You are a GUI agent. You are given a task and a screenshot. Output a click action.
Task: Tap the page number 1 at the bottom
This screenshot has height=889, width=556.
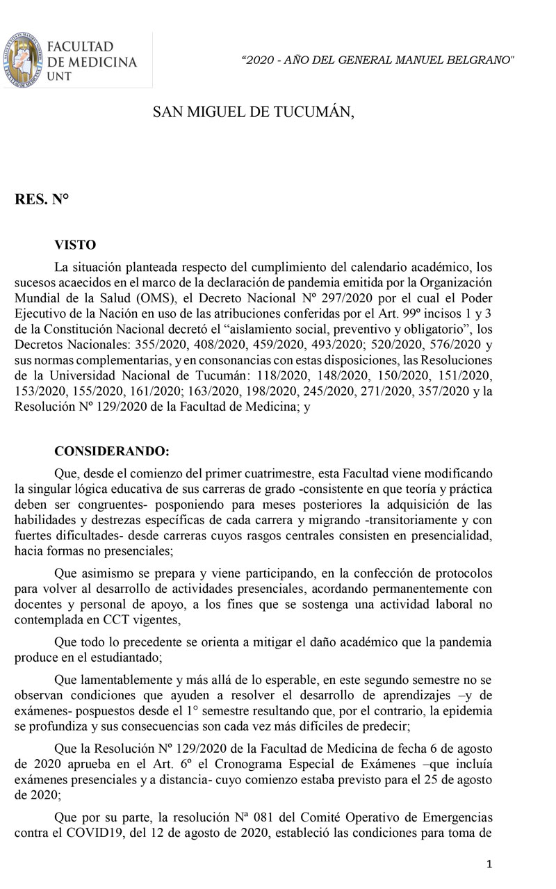[490, 864]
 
